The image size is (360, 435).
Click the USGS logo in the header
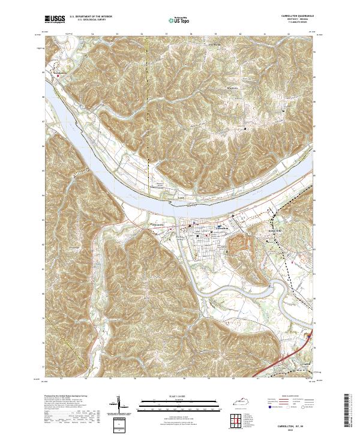coord(55,20)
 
